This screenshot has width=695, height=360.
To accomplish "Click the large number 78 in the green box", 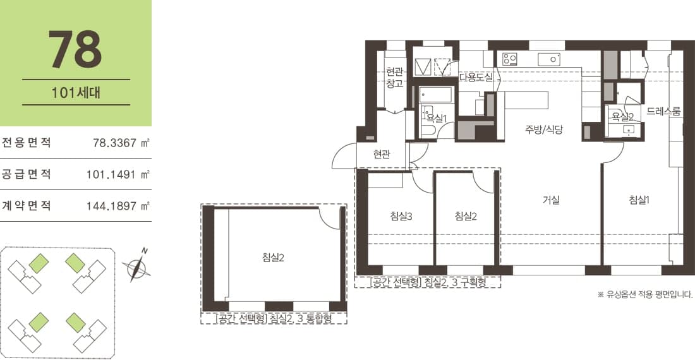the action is coord(75,49).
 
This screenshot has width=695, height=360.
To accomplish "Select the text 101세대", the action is coord(76,93).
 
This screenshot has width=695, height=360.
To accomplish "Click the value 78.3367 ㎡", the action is coord(121,143).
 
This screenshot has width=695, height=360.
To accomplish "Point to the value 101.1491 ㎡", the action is coord(118,174).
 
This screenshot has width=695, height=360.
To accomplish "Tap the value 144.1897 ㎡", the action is coord(118,206).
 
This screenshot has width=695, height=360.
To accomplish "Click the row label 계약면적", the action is coord(27,205).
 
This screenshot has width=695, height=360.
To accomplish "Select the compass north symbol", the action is coord(136,266).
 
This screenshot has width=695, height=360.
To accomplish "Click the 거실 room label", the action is coord(551,200).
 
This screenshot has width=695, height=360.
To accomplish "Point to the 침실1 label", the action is coord(639,200).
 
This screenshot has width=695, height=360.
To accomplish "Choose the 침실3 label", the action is coord(401,216).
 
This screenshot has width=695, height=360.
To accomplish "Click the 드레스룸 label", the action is coord(663,111).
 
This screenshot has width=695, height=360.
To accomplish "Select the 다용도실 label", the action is coord(476,77).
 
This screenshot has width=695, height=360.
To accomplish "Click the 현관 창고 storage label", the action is coord(394,78).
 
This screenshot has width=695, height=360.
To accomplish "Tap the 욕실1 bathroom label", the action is coord(437,118).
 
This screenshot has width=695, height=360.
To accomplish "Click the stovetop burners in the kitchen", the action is coord(510,59).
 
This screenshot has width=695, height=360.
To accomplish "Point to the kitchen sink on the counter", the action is coord(548,59).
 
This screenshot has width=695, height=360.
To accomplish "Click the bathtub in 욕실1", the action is coord(436,95).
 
